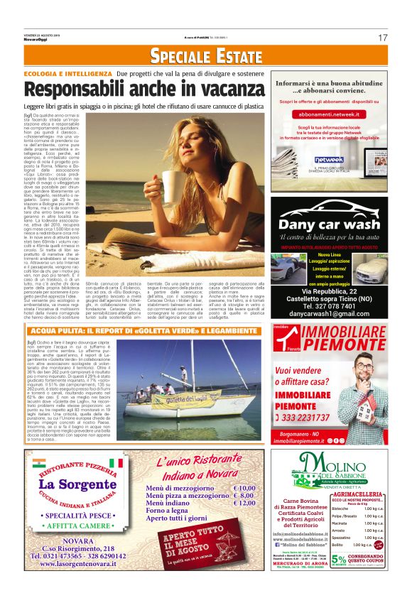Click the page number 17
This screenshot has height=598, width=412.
click(383, 37)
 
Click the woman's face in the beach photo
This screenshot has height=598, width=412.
click(186, 146)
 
